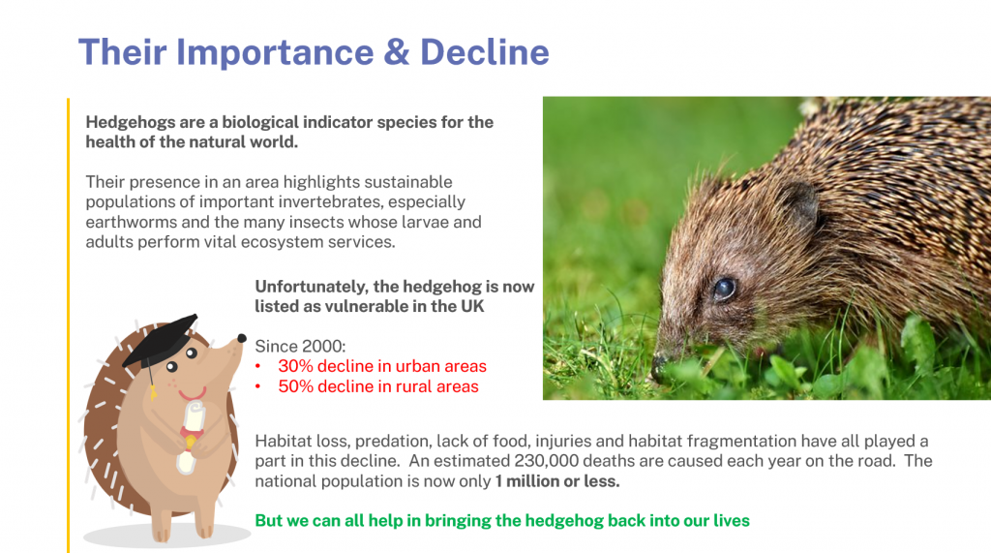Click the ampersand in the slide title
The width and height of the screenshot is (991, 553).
pyautogui.click(x=396, y=52)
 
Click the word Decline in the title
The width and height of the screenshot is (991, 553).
pyautogui.click(x=485, y=52)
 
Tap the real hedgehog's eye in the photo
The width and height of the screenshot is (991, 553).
pyautogui.click(x=724, y=289)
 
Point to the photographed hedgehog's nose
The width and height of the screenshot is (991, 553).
pyautogui.click(x=659, y=366)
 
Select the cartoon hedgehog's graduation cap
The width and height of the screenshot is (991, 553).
pyautogui.click(x=162, y=342)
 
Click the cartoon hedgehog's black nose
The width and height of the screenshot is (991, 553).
pyautogui.click(x=241, y=339)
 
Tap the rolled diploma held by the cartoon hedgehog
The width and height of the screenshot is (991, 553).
pyautogui.click(x=191, y=437)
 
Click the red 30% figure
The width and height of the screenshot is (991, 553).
pyautogui.click(x=296, y=366)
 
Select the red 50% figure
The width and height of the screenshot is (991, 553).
pyautogui.click(x=296, y=386)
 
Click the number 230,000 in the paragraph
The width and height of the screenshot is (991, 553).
pyautogui.click(x=546, y=461)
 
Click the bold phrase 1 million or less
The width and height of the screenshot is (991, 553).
pyautogui.click(x=557, y=481)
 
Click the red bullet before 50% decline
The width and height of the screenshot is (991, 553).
pyautogui.click(x=257, y=386)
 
